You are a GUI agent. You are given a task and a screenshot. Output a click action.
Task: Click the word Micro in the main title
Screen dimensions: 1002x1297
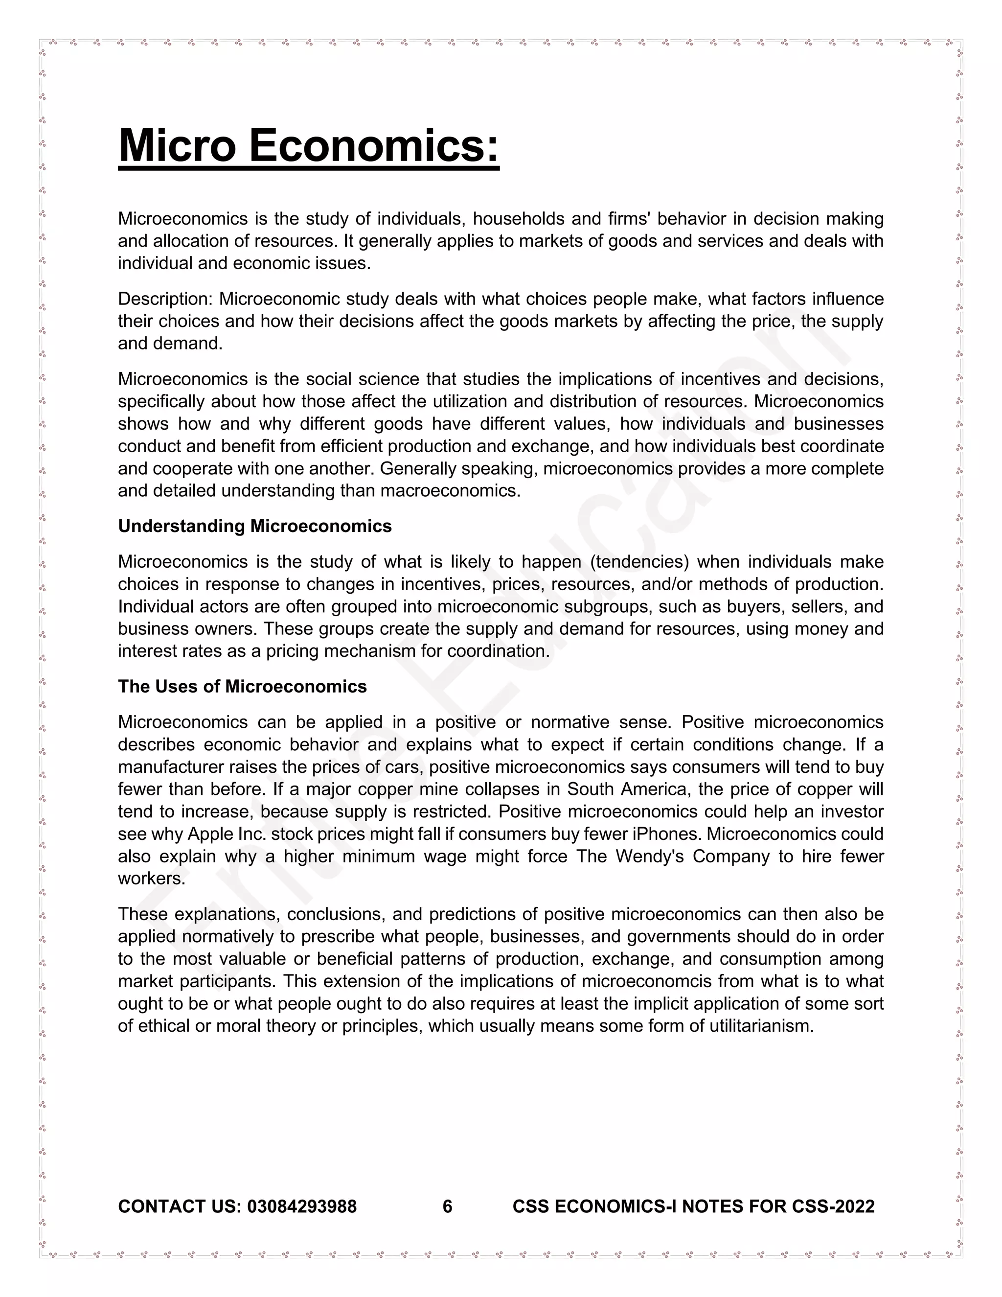178,145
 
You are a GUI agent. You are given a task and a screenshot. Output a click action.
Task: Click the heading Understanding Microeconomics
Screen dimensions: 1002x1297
254,526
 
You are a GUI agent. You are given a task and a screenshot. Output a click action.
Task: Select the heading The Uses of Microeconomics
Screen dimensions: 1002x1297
242,687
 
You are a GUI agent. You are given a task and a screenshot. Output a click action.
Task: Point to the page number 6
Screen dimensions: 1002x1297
448,1206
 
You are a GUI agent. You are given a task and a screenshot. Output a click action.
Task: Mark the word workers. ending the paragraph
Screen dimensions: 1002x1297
151,879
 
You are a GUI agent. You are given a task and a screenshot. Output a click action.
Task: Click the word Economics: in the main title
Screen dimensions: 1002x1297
373,145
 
